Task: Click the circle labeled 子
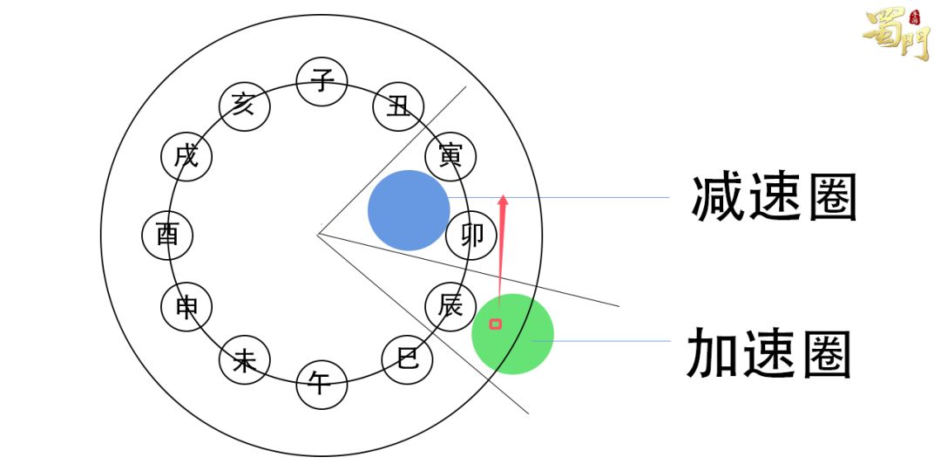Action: click(x=322, y=82)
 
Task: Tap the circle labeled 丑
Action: click(x=398, y=107)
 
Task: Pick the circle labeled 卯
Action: click(x=471, y=235)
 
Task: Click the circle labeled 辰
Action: click(x=450, y=306)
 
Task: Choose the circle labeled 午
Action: click(x=322, y=384)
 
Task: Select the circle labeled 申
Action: click(x=186, y=307)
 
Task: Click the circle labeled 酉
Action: click(x=167, y=235)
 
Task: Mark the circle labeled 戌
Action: click(x=186, y=158)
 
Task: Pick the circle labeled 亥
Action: click(x=244, y=106)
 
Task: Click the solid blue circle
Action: click(x=408, y=210)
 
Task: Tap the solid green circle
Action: click(x=513, y=334)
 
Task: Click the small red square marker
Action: click(x=496, y=324)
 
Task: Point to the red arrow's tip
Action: click(x=503, y=196)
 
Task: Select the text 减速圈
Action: click(x=774, y=198)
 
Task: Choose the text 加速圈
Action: click(x=769, y=353)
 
